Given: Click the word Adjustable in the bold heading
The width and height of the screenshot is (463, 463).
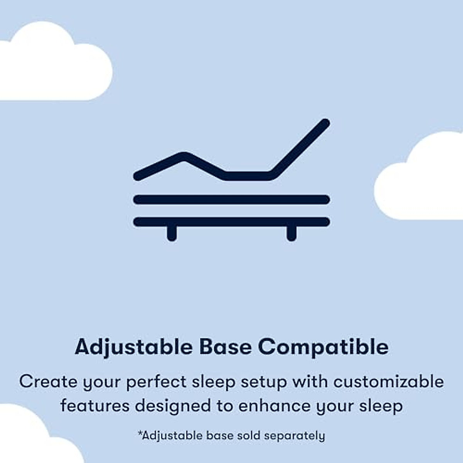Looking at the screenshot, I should click(133, 347).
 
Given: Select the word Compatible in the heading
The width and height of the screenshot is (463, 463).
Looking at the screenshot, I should click(323, 347).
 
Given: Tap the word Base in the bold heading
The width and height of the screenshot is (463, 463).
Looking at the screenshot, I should click(225, 347).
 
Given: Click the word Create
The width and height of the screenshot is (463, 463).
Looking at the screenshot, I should click(48, 382).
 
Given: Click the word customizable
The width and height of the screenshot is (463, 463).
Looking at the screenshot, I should click(389, 382).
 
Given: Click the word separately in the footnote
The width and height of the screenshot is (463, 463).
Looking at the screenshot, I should click(294, 436).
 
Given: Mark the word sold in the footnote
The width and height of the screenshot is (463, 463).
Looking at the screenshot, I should click(248, 436).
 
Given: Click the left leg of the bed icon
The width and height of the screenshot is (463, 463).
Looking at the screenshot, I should click(172, 233).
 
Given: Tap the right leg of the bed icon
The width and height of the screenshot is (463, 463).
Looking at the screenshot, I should click(292, 233).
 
